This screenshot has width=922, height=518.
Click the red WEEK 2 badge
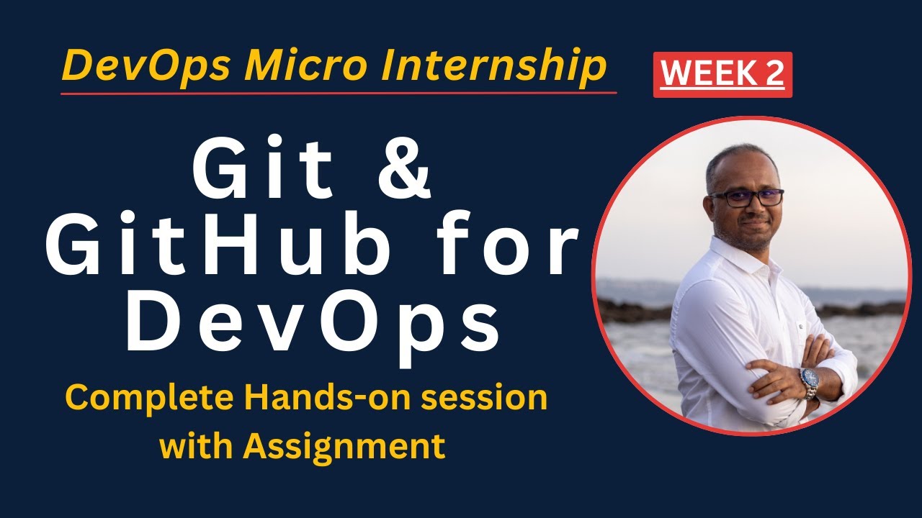tap(722, 75)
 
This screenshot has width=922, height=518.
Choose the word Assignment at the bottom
tap(344, 446)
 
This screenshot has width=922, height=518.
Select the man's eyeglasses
tap(746, 198)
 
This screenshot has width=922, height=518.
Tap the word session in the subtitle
tap(490, 399)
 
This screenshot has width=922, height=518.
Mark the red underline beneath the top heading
tap(339, 93)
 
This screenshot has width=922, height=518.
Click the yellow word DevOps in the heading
tap(147, 67)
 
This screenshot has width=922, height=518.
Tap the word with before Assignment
tap(194, 446)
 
